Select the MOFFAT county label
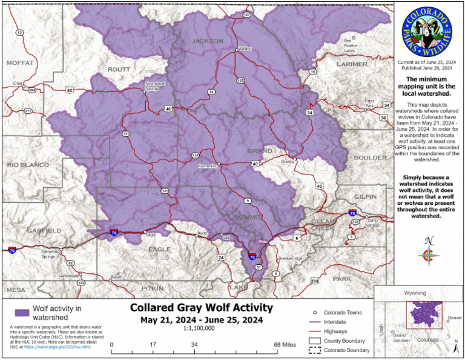click(19, 62)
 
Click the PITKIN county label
click(152, 289)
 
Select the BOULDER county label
click(369, 158)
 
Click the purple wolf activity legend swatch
click(21, 312)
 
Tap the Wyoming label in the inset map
click(415, 293)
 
